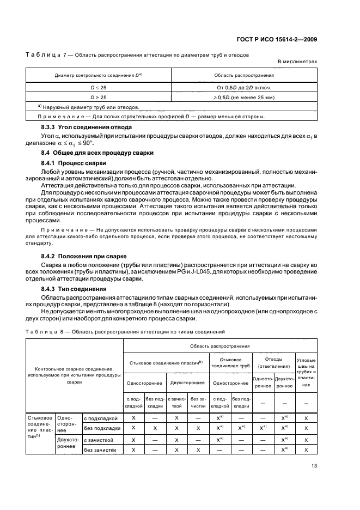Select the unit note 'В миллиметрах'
click(x=297, y=62)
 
